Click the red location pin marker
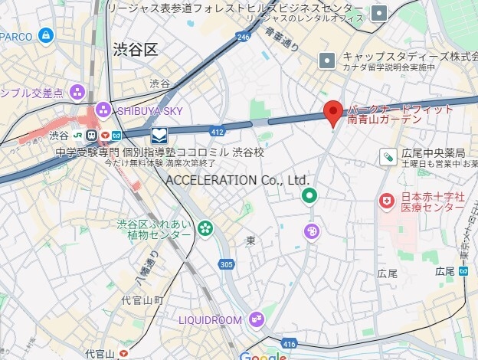click(x=332, y=113)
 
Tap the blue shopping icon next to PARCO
click(x=47, y=36)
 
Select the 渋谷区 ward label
click(x=135, y=51)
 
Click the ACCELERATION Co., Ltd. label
click(x=237, y=180)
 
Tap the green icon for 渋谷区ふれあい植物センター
click(x=205, y=227)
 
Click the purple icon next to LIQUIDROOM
click(x=256, y=319)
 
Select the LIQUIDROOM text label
click(x=210, y=319)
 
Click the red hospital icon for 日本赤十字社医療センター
click(x=388, y=201)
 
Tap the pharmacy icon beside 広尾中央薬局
click(x=388, y=157)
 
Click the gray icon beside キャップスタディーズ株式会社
click(x=327, y=60)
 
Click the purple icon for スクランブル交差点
click(x=76, y=93)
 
